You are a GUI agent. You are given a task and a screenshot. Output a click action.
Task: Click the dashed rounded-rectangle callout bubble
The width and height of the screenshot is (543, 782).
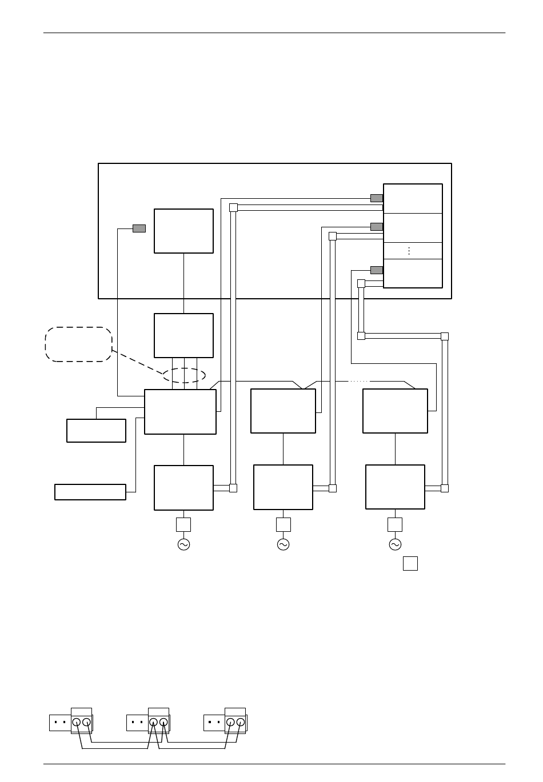pyautogui.click(x=78, y=344)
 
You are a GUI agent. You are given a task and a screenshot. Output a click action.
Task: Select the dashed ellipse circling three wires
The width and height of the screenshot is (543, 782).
pyautogui.click(x=184, y=375)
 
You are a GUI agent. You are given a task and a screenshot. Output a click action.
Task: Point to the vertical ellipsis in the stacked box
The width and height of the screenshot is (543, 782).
pyautogui.click(x=409, y=251)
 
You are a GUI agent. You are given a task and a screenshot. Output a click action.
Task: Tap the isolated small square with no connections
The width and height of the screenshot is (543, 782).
pyautogui.click(x=410, y=563)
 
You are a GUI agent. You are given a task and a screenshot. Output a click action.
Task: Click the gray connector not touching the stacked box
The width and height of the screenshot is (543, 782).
pyautogui.click(x=139, y=228)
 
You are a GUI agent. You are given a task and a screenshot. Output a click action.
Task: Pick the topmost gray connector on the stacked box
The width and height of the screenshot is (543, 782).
pyautogui.click(x=377, y=198)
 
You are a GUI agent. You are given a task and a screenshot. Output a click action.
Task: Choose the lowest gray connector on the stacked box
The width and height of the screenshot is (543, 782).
pyautogui.click(x=377, y=270)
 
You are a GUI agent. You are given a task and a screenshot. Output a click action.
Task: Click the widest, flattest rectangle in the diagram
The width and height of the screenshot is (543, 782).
pyautogui.click(x=90, y=492)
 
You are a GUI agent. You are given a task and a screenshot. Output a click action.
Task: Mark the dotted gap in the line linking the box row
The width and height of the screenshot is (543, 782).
pyautogui.click(x=359, y=381)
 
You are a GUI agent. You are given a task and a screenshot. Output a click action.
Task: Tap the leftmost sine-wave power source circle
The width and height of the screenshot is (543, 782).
pyautogui.click(x=183, y=544)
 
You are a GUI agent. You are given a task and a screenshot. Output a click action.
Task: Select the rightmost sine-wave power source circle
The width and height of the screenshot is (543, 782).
pyautogui.click(x=395, y=544)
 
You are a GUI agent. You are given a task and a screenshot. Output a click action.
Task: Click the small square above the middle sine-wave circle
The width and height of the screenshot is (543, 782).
pyautogui.click(x=284, y=524)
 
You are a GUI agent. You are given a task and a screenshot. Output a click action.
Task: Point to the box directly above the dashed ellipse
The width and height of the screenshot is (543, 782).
pyautogui.click(x=183, y=335)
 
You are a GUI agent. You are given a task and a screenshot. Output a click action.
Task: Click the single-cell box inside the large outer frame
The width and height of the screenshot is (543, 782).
pyautogui.click(x=183, y=231)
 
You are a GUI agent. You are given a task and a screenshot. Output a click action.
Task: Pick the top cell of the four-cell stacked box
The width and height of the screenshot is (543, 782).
pyautogui.click(x=413, y=199)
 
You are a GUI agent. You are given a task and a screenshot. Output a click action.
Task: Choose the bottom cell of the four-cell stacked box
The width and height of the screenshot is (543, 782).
pyautogui.click(x=413, y=273)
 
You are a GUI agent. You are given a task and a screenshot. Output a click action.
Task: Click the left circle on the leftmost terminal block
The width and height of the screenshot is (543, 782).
pyautogui.click(x=76, y=722)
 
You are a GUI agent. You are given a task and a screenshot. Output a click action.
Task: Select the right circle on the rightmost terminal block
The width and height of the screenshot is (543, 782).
pyautogui.click(x=241, y=722)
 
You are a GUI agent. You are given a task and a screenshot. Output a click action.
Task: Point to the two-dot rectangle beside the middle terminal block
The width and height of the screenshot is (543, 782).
pyautogui.click(x=137, y=723)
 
